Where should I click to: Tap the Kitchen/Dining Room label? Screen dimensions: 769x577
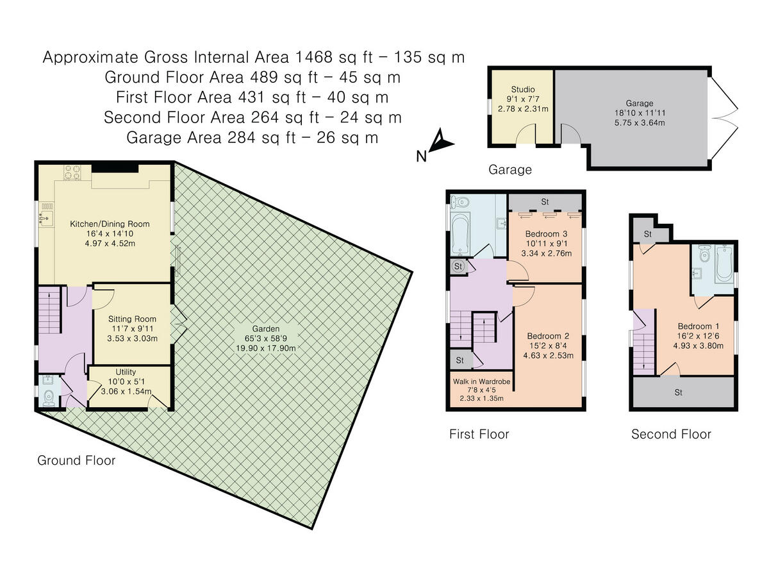pos(110,224)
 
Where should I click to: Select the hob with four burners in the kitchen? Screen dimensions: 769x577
pos(72,172)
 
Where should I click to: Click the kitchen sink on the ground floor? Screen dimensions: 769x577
pos(46,217)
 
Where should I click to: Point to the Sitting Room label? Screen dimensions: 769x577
pos(132,319)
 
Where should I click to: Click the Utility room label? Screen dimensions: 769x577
pos(126,372)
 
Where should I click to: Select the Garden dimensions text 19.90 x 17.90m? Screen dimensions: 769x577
pos(266,348)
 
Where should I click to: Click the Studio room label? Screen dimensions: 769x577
pos(523,89)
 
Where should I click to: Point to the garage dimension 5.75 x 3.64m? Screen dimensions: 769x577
pos(640,122)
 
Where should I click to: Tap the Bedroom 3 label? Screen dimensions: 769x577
pos(546,233)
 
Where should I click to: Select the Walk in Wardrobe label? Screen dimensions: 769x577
pos(481,381)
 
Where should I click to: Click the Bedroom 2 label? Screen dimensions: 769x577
pos(549,336)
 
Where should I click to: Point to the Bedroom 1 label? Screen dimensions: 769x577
pos(699,326)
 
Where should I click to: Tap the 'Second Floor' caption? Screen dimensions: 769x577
pos(671,435)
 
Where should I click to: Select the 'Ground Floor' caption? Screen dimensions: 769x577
pos(76,460)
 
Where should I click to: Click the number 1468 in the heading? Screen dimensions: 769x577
pos(313,57)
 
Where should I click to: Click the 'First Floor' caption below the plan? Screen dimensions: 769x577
pos(479,435)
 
